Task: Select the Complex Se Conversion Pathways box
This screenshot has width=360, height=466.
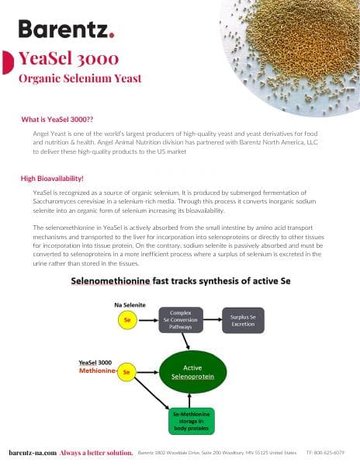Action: (181, 318)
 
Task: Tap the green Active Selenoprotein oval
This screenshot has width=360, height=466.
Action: (192, 371)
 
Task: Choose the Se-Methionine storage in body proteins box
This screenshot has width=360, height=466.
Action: (192, 420)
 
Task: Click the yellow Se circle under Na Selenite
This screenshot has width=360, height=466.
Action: (126, 318)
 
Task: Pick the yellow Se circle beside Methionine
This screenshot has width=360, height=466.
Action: (126, 373)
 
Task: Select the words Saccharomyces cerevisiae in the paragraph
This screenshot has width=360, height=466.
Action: (66, 200)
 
